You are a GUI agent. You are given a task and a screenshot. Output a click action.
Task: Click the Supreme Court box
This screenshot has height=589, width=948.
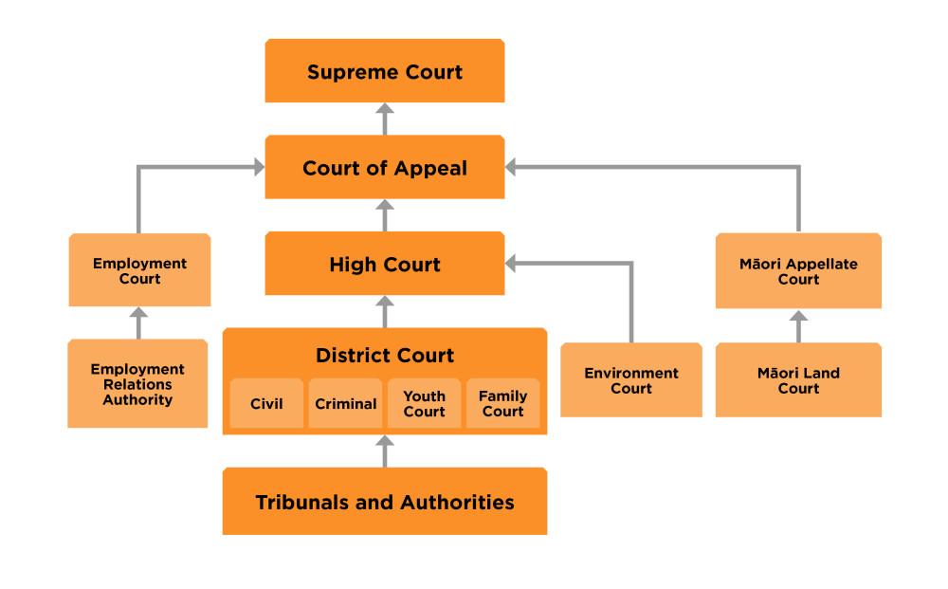point(384,71)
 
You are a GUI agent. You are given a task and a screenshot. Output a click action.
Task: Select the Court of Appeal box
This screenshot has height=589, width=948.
point(384,168)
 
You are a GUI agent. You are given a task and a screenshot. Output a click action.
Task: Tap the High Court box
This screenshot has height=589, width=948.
point(384,265)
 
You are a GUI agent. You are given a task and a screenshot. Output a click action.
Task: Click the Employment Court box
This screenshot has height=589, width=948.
point(139,270)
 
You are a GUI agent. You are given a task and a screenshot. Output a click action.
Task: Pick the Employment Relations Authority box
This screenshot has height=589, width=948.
point(137,384)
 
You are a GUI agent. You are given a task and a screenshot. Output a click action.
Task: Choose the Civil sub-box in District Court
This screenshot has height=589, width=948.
point(266,404)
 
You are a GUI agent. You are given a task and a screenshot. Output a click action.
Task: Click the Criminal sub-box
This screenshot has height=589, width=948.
point(345,404)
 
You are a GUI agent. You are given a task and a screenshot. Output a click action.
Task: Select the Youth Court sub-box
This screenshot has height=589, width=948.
point(424,404)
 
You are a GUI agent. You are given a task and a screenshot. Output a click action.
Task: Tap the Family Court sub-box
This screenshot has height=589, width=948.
point(502,404)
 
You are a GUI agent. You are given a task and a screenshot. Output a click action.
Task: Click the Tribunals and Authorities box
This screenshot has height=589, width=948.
point(384,502)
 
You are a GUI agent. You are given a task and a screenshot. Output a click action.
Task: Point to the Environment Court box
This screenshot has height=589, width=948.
point(631,380)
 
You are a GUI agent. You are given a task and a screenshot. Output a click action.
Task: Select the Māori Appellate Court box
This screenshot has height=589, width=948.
point(798,271)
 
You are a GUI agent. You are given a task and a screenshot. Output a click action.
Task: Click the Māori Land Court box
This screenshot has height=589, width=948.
point(798,380)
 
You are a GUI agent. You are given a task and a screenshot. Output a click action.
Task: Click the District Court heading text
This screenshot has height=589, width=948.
point(384,356)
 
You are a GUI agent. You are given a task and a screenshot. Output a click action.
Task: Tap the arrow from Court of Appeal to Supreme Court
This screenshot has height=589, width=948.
point(384,119)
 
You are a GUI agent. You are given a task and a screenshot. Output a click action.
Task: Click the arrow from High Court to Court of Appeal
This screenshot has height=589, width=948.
point(384,215)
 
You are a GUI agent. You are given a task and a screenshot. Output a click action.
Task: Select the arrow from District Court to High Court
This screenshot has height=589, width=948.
point(384,311)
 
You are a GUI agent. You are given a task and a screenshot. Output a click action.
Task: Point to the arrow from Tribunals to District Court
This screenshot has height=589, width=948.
point(384,451)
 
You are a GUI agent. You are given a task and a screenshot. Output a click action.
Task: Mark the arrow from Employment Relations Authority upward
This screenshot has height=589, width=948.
point(138,322)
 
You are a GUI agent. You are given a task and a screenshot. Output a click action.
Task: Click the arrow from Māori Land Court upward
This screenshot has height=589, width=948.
point(798,325)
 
